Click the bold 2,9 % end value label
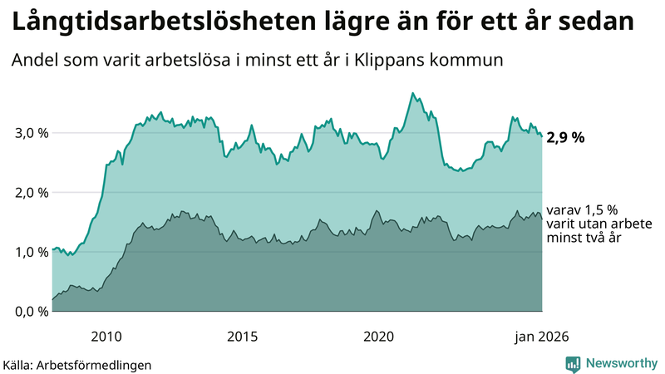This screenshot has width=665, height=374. [565, 138]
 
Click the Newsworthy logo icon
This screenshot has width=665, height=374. [573, 363]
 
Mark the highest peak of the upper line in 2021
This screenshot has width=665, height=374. [413, 93]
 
